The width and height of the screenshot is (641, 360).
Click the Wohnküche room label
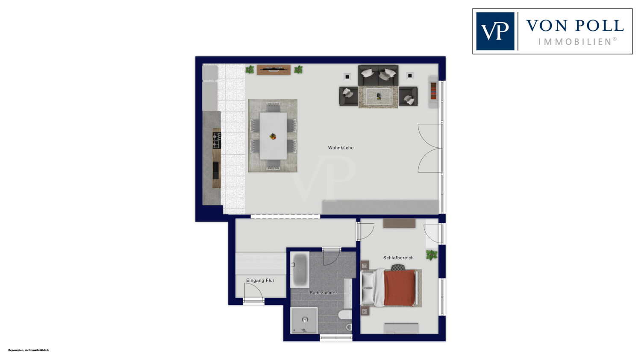coord(341,148)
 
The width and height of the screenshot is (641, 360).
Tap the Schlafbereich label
coord(398,258)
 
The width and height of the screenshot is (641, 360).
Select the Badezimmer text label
coord(323,293)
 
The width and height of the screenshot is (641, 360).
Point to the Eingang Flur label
coord(260,281)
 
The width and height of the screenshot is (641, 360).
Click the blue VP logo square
coord(495,31)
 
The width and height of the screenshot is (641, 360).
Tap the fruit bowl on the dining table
coord(273,136)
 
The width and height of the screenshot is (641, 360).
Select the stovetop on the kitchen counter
coord(217,140)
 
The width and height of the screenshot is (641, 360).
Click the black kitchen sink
coord(216,170)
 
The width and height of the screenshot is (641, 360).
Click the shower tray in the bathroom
coord(304,321)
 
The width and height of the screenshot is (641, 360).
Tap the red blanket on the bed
coord(400,288)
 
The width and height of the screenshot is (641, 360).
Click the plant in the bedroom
coord(432,255)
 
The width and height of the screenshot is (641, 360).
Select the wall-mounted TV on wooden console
coord(273,70)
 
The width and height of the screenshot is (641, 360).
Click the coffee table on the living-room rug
coord(379,97)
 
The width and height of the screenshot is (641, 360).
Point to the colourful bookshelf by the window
coord(434,91)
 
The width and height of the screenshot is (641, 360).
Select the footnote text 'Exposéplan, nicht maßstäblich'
coord(28,350)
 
